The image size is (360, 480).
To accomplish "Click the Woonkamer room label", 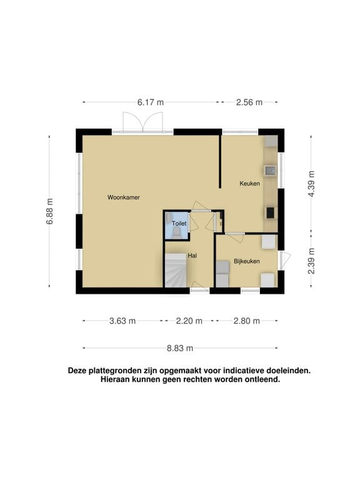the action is coord(123,197).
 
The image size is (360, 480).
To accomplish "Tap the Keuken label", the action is coord(249,183).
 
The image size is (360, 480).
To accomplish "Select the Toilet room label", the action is coord(179,224).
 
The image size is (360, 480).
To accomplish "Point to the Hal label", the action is coord(192,256).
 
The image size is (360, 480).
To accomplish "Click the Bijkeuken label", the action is coord(247,261).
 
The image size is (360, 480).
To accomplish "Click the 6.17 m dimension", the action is coord(150,102).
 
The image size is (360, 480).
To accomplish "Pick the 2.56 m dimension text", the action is coord(249,102).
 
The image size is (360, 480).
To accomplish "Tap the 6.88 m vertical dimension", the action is coord(50,211).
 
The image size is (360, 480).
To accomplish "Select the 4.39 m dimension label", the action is coord(311,184).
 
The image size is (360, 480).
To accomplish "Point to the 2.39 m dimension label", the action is coord(311,261).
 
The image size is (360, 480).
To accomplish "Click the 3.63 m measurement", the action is coord(122,321).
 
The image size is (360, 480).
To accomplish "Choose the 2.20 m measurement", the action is coord(189,321).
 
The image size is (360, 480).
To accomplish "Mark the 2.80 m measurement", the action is coord(246,321).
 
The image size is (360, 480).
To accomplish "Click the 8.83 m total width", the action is coord(180,348).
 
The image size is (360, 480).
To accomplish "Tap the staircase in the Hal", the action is coord(176,270).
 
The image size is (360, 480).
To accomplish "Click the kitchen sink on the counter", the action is coord(270,171).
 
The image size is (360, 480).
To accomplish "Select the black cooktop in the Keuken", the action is coord(270,212).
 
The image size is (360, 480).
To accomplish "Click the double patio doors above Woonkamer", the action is coord(142,122).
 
